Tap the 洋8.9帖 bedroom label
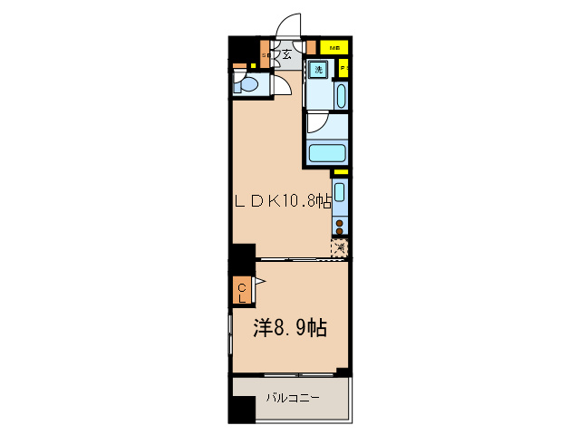[290, 328]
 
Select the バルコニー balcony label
[292, 398]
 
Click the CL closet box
[242, 291]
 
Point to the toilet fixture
[247, 86]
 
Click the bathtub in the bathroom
[327, 152]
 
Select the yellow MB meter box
[334, 47]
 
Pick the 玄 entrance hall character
[286, 55]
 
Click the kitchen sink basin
[339, 192]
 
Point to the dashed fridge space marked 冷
[339, 247]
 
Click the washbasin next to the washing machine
[340, 95]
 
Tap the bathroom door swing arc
[318, 121]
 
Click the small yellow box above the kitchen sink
[340, 172]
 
